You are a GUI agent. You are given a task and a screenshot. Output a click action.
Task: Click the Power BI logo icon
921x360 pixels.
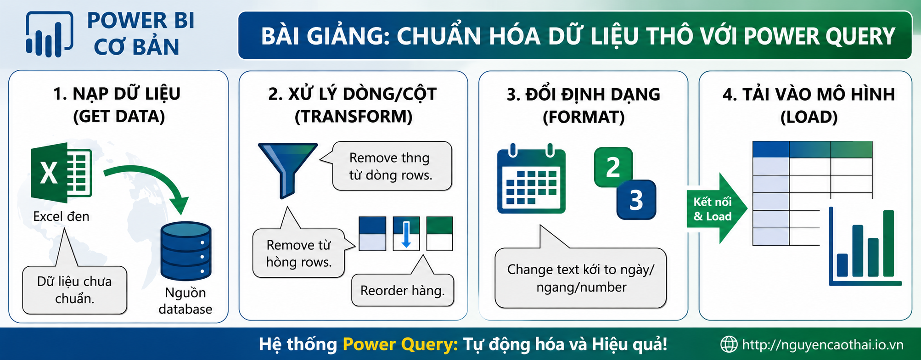coord(49,34)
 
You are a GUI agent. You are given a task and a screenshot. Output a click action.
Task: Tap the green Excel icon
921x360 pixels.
coord(61,173)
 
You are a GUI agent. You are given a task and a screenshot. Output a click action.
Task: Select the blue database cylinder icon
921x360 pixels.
coord(186,251)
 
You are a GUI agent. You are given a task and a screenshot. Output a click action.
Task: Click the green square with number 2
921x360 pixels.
coord(613,167)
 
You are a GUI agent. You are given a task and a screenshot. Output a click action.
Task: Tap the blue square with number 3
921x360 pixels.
coord(636,200)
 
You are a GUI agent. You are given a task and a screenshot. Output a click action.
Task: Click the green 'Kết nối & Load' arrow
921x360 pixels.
coord(717,208)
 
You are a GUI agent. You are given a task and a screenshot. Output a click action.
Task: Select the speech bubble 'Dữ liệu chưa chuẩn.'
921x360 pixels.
coord(74,290)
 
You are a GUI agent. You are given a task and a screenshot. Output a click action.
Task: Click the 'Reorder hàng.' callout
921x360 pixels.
coord(403,290)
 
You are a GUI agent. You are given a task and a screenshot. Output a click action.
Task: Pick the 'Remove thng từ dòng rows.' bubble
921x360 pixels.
coord(391,166)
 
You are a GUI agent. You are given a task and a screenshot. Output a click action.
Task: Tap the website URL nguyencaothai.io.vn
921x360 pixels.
coord(822,345)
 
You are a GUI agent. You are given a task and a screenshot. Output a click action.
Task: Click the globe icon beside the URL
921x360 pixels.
coord(729,344)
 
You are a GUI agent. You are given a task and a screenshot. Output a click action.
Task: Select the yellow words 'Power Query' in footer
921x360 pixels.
coord(400,344)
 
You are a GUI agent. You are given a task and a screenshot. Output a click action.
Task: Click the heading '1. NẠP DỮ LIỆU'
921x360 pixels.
coord(117,94)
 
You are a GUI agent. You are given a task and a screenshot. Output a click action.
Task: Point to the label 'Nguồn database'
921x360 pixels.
coord(185,301)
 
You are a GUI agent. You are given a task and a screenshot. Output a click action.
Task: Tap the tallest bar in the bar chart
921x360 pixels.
coord(888,243)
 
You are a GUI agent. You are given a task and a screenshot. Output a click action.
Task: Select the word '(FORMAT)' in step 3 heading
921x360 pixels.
coord(584,117)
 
